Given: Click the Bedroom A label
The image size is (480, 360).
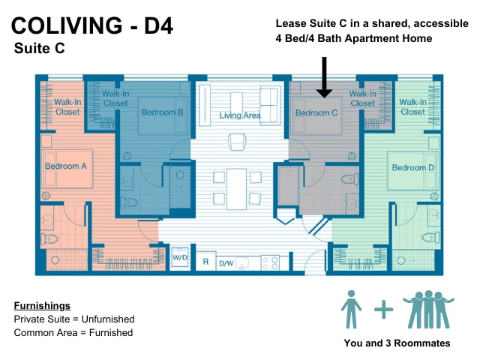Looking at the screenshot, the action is [66, 166].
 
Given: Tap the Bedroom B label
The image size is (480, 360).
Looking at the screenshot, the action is [162, 112].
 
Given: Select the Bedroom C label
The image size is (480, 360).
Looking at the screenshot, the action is [316, 113].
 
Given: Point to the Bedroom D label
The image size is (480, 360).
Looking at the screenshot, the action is [413, 167].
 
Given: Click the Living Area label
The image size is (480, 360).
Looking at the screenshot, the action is [240, 115].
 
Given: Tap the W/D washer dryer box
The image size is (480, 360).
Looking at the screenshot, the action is [180, 257].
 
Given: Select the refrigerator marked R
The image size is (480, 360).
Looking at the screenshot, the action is [205, 262].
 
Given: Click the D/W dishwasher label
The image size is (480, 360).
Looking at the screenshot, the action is [226, 263].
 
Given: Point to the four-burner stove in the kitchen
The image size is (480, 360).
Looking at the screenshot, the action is [270, 263].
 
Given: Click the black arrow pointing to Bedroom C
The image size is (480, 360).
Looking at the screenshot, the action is [324, 77].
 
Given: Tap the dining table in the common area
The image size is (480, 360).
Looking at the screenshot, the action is [237, 189].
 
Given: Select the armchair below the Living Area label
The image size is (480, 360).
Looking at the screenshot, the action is [237, 142].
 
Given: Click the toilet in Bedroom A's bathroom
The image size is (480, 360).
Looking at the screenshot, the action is [49, 238].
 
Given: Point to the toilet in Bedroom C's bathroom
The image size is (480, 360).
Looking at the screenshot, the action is [349, 178].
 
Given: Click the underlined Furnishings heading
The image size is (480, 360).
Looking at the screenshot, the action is [42, 306].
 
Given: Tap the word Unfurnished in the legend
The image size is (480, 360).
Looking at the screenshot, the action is [108, 319].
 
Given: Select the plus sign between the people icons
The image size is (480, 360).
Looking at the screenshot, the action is [383, 310].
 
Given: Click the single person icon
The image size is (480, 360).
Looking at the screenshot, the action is [351, 309].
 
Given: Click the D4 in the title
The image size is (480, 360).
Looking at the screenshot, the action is [158, 25].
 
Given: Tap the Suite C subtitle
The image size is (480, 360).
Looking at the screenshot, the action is [40, 48].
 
